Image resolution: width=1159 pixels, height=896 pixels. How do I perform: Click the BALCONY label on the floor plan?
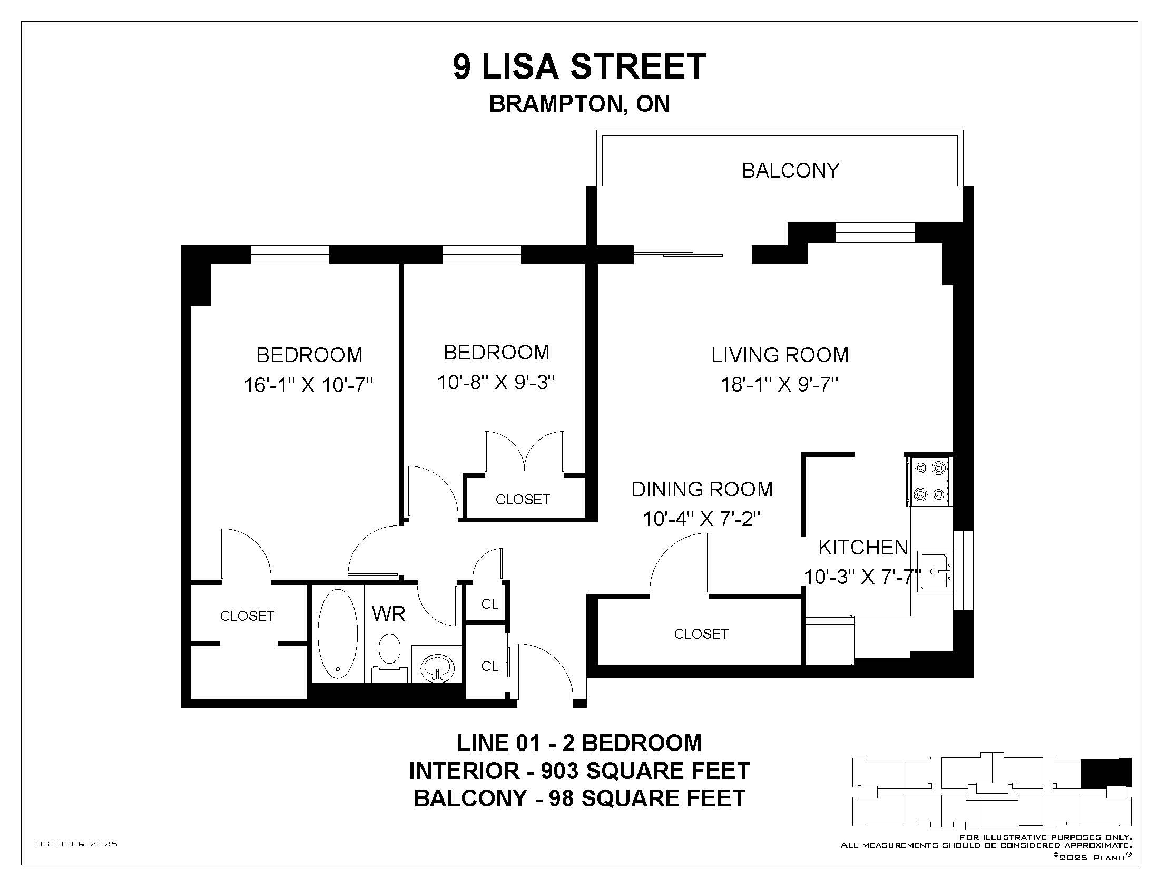(x=790, y=170)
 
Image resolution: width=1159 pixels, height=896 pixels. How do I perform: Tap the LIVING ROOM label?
(x=780, y=355)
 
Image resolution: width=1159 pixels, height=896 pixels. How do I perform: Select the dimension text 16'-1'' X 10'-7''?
(x=308, y=384)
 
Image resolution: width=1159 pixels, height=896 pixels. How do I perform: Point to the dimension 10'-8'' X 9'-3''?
(x=496, y=382)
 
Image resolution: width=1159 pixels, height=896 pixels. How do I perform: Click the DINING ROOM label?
(x=702, y=489)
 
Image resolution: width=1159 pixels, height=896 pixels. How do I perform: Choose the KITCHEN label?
(x=863, y=547)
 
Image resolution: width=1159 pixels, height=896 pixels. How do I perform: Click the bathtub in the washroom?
(x=338, y=633)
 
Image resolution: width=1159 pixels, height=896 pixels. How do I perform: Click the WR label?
(x=388, y=613)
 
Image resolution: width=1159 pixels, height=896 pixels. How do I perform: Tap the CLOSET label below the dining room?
(x=701, y=634)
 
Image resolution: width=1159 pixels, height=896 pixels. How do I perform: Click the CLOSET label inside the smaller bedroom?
(x=522, y=500)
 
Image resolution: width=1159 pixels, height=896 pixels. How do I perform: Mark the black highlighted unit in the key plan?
(x=1106, y=773)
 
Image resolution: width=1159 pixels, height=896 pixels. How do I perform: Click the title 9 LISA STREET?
(x=579, y=66)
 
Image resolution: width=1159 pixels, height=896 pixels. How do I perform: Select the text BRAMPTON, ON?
(x=579, y=103)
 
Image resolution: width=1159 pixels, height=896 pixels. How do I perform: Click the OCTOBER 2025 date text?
(x=76, y=844)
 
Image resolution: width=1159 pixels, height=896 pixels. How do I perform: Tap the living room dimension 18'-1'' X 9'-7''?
(x=779, y=384)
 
